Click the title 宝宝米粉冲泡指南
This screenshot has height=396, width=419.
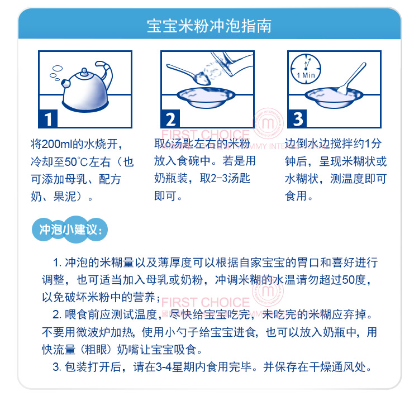[209, 26]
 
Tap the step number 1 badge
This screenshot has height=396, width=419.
[48, 118]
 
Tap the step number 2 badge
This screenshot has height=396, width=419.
[170, 118]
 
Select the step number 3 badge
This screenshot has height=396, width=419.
[297, 118]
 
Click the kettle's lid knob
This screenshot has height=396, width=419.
[84, 71]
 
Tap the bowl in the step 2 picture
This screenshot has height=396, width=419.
[206, 97]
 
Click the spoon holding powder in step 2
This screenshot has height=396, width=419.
[187, 74]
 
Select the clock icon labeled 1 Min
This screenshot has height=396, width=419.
[306, 69]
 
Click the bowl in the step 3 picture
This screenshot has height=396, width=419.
[334, 97]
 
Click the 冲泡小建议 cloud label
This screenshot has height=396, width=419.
[70, 230]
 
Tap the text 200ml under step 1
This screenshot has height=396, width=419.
[57, 144]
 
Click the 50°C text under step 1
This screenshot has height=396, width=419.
[76, 161]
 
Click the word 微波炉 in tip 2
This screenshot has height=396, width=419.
[93, 332]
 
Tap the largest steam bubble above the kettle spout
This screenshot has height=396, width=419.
[58, 68]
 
